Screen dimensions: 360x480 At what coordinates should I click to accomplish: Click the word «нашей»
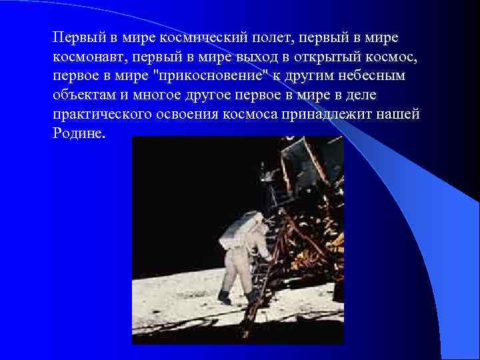pyautogui.click(x=404, y=114)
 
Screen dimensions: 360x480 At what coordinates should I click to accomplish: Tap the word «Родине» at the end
pyautogui.click(x=78, y=133)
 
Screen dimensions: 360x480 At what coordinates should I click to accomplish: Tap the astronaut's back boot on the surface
pyautogui.click(x=225, y=298)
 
